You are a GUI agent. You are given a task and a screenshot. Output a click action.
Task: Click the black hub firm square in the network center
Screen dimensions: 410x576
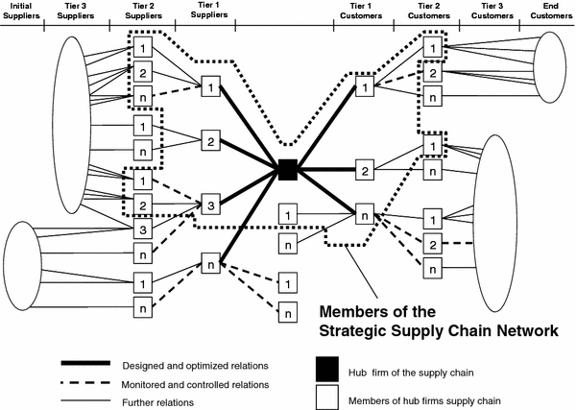click(x=286, y=170)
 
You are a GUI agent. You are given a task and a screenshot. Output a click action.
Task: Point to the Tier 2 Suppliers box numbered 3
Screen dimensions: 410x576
click(x=141, y=229)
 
